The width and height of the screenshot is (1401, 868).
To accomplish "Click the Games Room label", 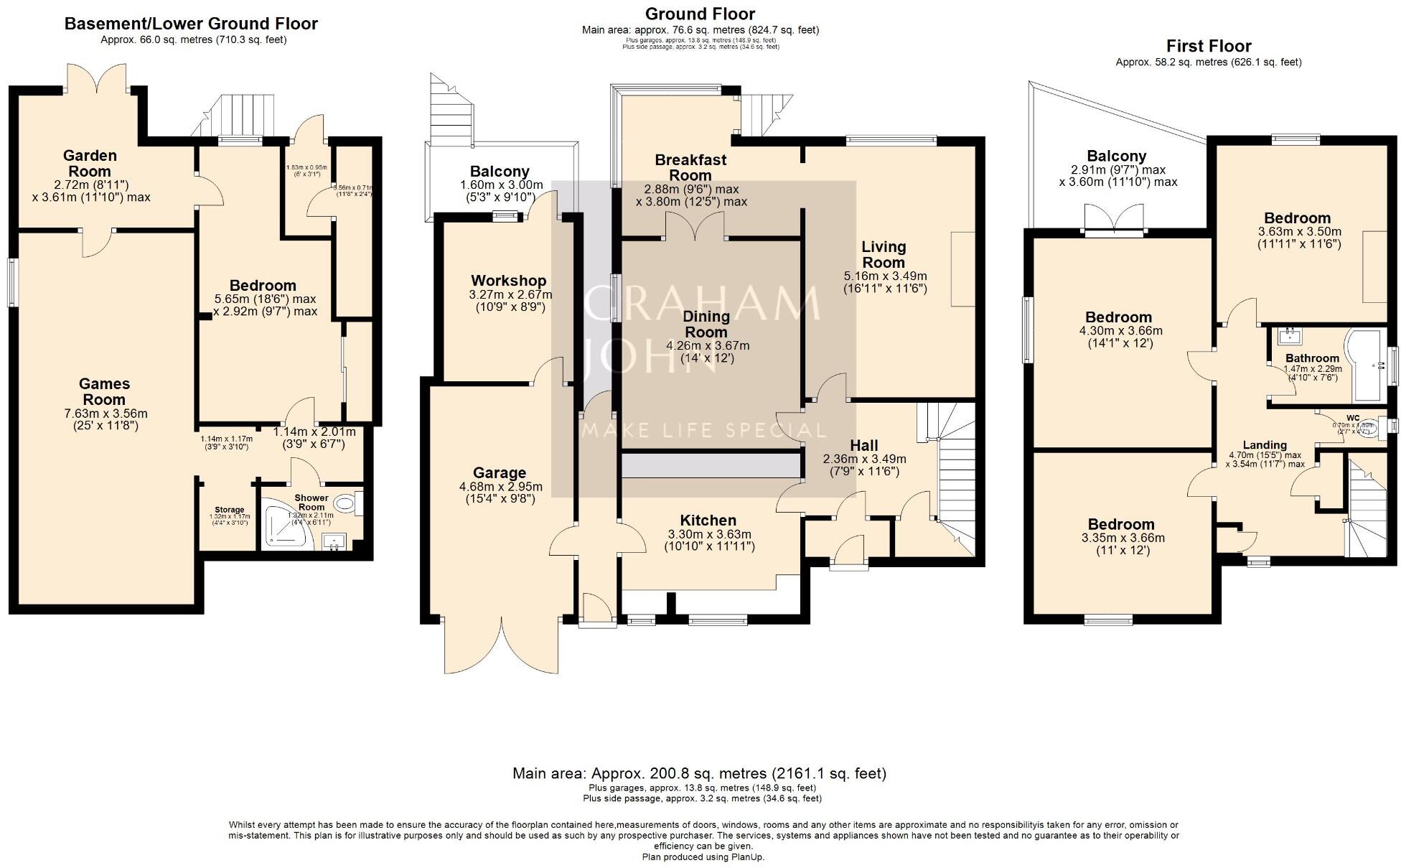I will point(104,392).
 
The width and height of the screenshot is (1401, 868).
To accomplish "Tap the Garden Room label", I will point(90,163).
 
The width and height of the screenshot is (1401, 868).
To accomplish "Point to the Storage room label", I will point(230,510).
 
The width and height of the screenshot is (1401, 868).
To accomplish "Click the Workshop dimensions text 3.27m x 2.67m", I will point(510,294).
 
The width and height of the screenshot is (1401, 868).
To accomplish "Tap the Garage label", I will point(500,472).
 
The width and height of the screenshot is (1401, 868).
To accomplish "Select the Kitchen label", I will point(708,521).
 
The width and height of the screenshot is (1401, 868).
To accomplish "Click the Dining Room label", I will point(706,324).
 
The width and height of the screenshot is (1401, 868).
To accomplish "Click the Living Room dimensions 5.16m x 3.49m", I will point(886,276).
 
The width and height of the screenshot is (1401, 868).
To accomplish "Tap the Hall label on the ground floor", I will point(864,445).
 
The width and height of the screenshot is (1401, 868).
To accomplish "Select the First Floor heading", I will point(1209,46).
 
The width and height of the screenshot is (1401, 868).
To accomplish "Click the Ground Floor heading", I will point(700,14).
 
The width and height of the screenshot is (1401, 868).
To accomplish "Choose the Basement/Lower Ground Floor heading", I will point(191,23).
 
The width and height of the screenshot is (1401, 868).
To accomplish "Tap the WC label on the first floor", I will point(1353,418).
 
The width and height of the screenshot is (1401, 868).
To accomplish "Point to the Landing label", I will point(1265,445).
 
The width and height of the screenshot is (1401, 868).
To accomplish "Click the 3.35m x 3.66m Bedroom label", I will point(1120,525).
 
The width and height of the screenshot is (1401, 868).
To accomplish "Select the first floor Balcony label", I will point(1116,156).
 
